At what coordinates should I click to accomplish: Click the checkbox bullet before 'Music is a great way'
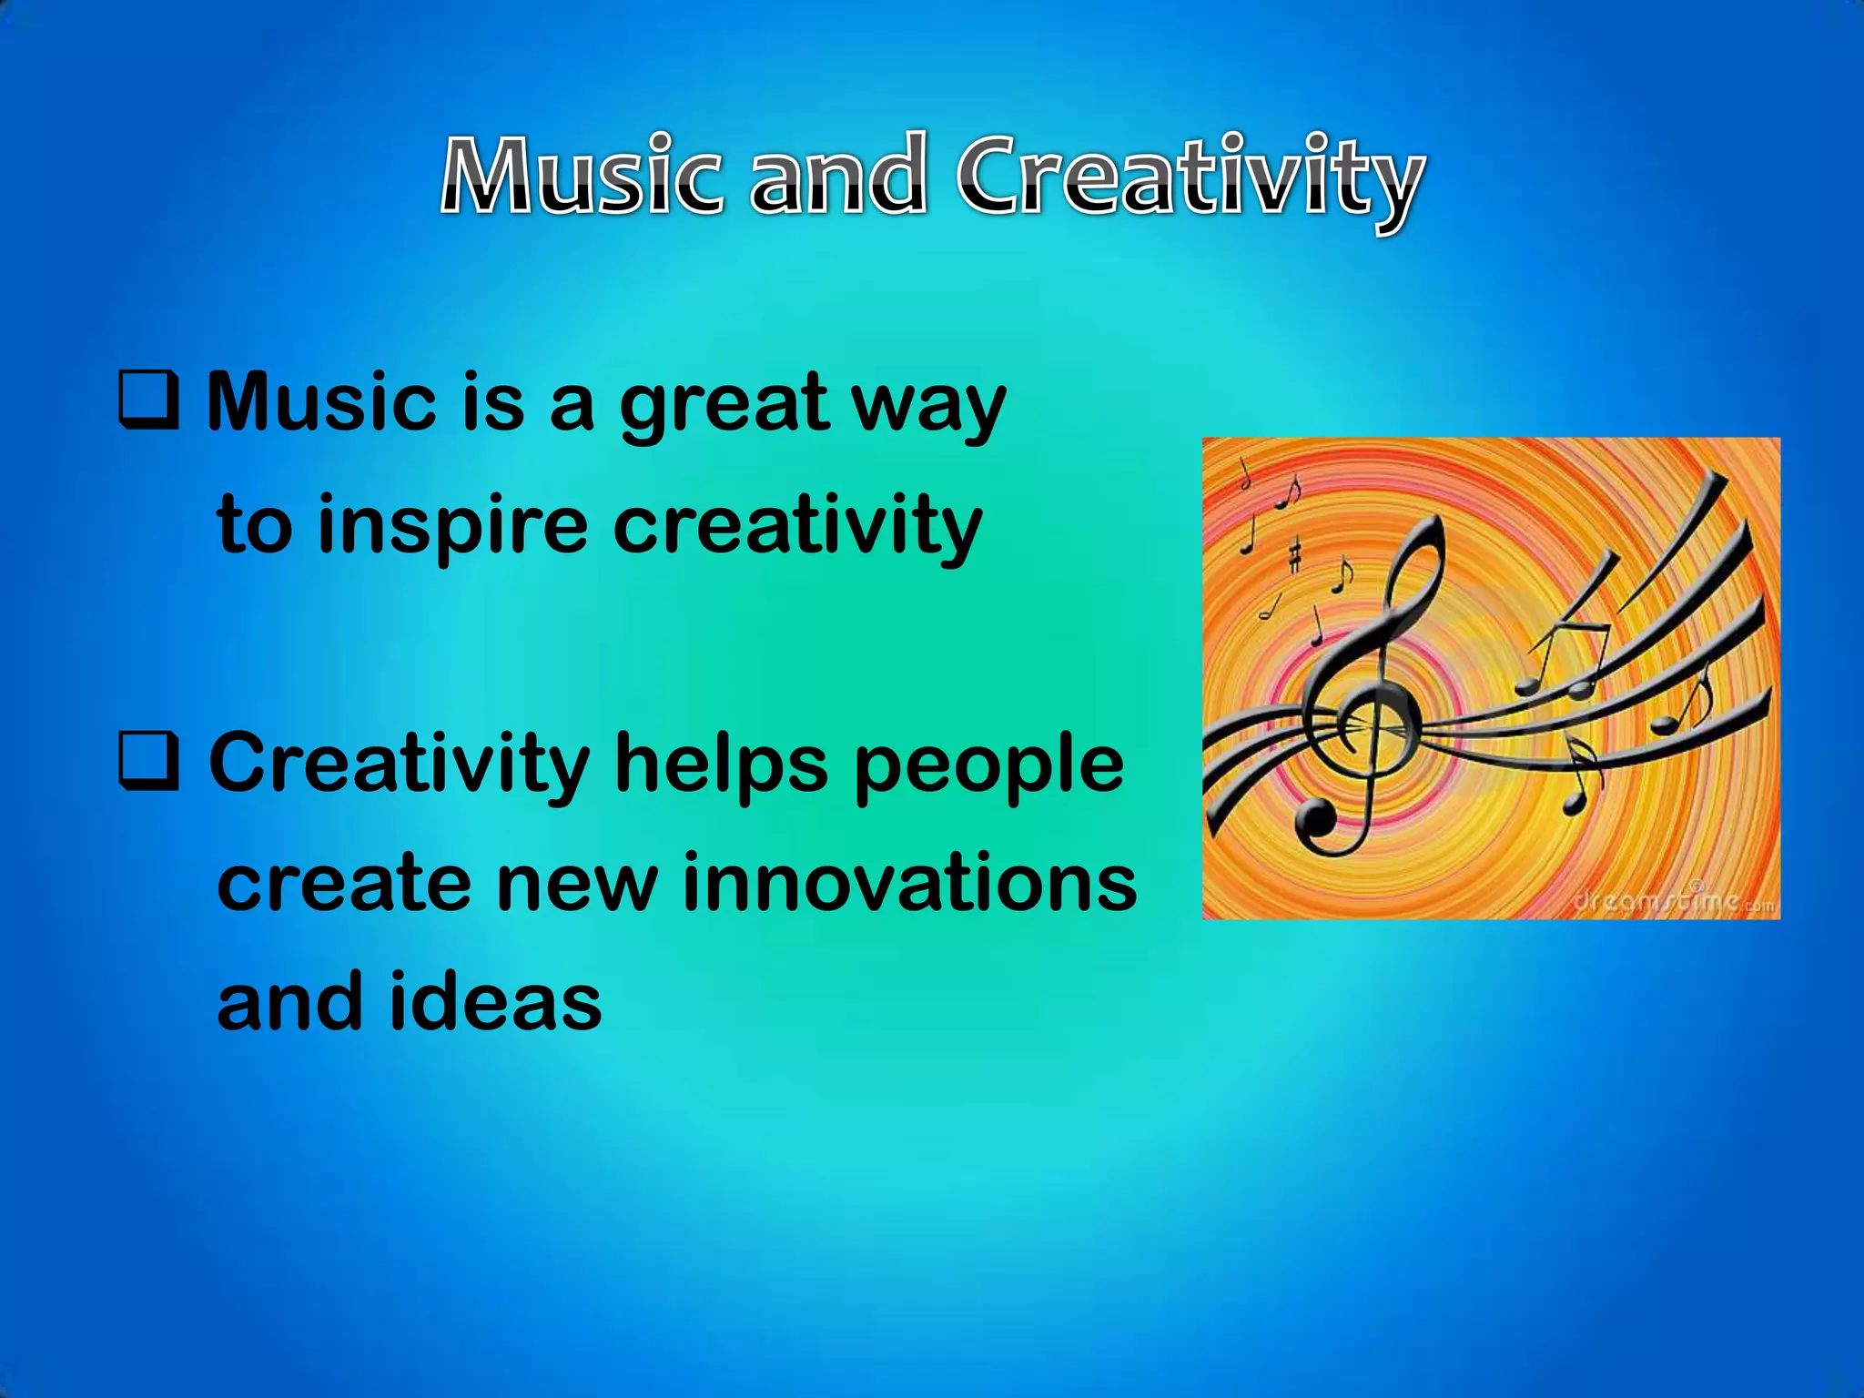point(147,400)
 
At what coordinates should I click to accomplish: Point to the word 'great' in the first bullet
point(724,406)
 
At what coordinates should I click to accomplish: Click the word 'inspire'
point(452,527)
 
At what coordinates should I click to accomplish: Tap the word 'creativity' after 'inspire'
point(798,527)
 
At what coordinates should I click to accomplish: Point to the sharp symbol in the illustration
point(1294,554)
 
